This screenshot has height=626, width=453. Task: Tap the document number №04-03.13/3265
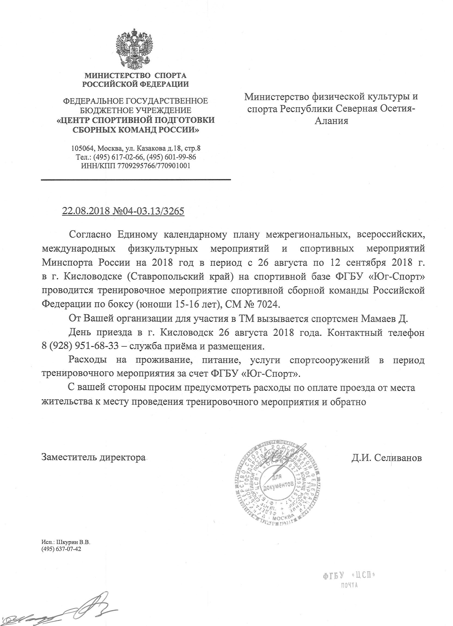149,211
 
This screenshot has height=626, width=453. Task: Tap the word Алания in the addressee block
332,121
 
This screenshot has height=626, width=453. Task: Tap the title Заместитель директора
93,457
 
